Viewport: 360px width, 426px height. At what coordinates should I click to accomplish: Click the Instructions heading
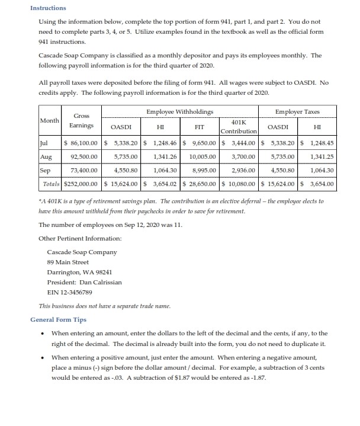pos(48,8)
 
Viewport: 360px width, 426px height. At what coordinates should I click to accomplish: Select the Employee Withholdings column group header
pos(180,111)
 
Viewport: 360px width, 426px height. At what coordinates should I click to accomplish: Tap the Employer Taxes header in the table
pos(298,111)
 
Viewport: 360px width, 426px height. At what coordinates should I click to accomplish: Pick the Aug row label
pos(46,157)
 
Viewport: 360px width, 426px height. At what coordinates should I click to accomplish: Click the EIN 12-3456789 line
pos(67,292)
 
